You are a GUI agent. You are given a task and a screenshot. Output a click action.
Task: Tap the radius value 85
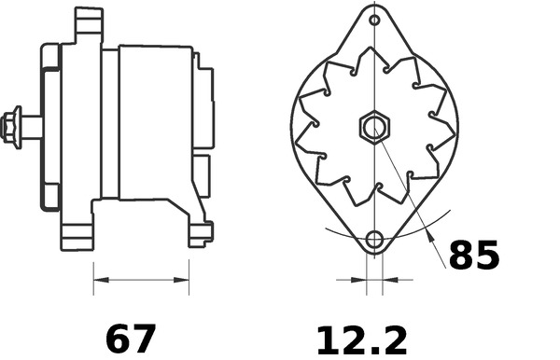[474, 255]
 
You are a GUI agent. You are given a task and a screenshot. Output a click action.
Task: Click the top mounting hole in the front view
[374, 21]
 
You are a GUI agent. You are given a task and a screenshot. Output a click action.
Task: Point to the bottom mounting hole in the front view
[374, 240]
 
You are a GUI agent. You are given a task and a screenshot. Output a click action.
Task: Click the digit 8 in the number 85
[462, 255]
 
